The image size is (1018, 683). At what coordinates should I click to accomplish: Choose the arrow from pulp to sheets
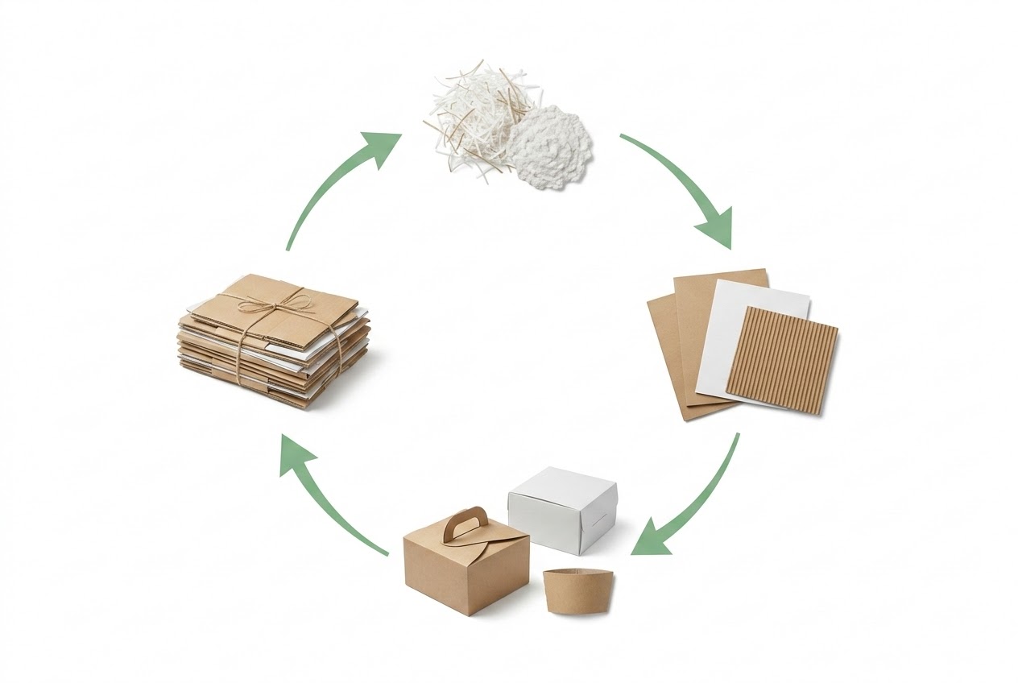[x=685, y=177]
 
